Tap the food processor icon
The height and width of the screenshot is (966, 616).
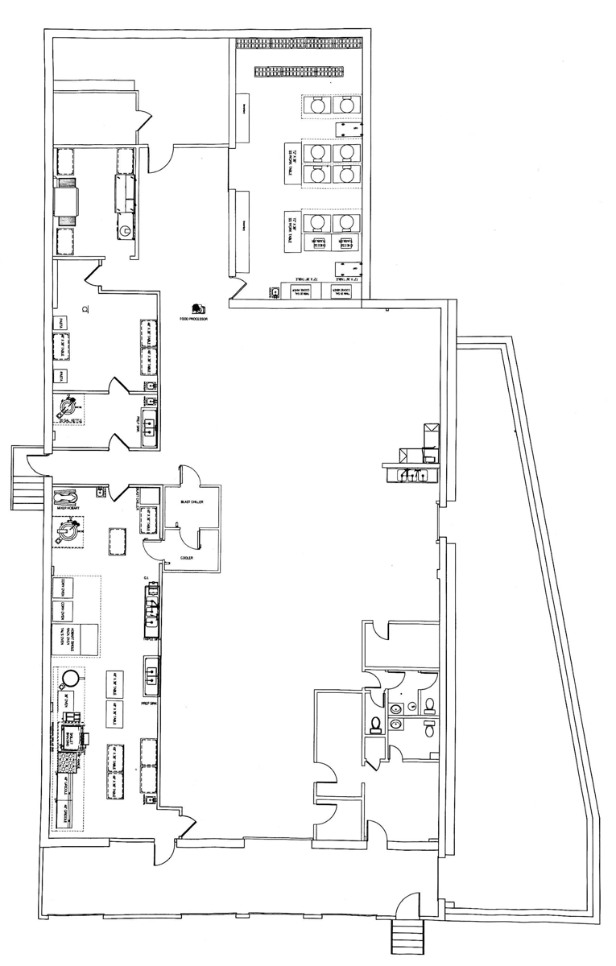click(x=197, y=308)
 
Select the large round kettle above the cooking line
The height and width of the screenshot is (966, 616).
click(x=70, y=678)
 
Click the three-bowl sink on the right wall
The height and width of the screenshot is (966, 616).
click(x=411, y=474)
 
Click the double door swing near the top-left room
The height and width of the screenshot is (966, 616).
click(x=143, y=121)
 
